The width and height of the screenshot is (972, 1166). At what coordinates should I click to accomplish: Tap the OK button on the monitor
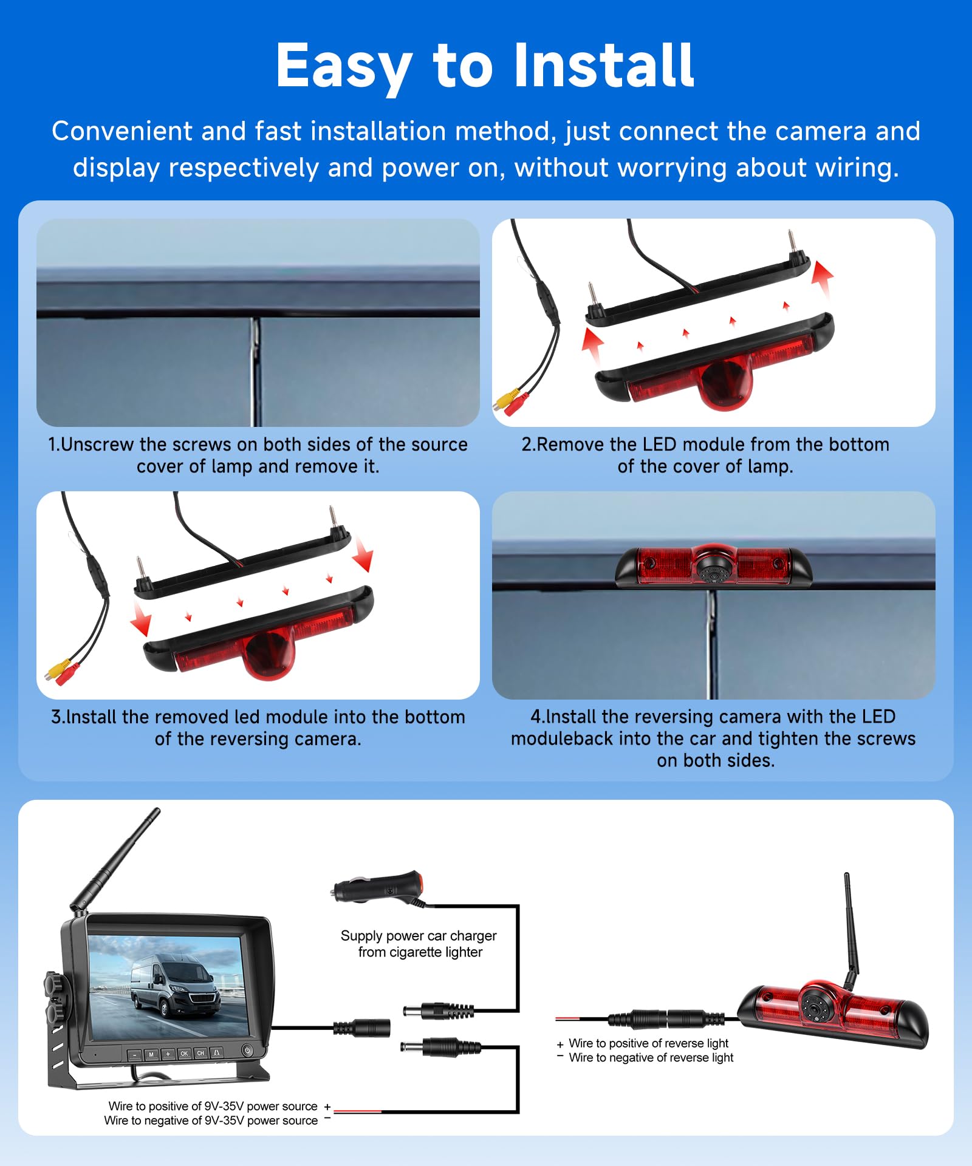pos(184,1054)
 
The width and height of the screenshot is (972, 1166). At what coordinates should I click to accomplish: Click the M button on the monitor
pos(151,1055)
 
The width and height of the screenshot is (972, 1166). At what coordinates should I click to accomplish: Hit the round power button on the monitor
pos(247,1049)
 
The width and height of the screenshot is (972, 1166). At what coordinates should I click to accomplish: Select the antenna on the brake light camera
pos(850,929)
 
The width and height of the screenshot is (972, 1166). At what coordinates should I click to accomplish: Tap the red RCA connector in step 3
pos(67,675)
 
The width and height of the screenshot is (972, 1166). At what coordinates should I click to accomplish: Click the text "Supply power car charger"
pos(419,936)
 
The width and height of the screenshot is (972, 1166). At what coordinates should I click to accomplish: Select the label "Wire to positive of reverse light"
pos(648,1043)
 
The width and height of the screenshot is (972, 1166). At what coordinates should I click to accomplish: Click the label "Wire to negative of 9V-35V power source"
pos(211,1120)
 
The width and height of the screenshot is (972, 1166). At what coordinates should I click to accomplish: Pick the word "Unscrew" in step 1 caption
pos(97,445)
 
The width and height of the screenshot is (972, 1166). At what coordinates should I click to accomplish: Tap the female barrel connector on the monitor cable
pos(361,1028)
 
